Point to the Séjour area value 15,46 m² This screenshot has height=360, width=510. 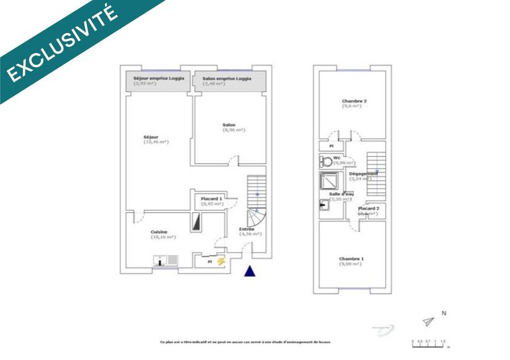[156, 142]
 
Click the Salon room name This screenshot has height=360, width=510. [229, 124]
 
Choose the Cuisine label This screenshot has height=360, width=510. [159, 232]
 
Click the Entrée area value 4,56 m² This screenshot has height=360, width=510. [251, 234]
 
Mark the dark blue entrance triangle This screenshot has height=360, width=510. [251, 271]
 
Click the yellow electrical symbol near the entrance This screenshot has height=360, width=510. [221, 261]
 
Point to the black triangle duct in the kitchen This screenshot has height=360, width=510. [196, 221]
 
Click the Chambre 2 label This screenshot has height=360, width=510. [354, 101]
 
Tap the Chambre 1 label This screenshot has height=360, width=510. [351, 258]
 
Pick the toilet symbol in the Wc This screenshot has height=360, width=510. [327, 162]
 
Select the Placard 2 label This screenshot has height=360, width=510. [368, 209]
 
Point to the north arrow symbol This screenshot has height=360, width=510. [429, 322]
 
